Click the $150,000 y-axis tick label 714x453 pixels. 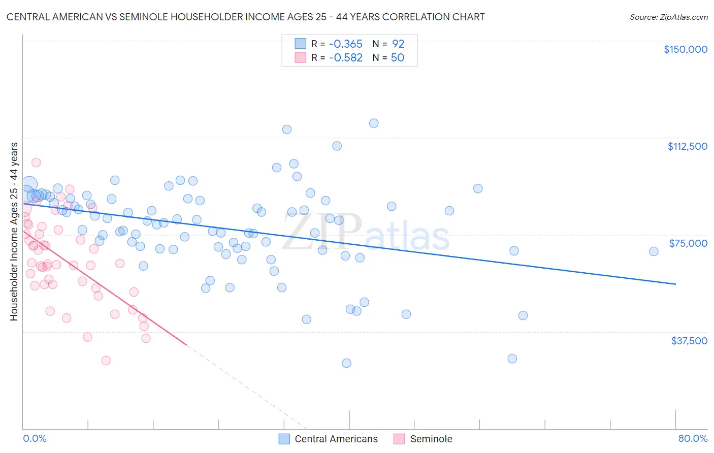pos(685,49)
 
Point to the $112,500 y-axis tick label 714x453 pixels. pos(687,146)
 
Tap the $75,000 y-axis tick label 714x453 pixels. pos(688,243)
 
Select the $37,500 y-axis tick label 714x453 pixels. pos(689,341)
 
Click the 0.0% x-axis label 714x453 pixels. pos(35,439)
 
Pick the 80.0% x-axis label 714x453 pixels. pos(693,439)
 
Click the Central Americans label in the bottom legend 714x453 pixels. pos(336,439)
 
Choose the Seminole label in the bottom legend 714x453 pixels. pos(431,439)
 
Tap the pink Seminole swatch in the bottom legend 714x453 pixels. pos(400,439)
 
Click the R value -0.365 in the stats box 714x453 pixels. pos(345,44)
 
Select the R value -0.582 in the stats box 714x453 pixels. pos(345,58)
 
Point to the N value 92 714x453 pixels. pos(398,44)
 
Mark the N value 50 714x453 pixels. pos(397,58)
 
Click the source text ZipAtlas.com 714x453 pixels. pos(683,17)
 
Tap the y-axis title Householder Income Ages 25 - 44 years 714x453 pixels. pos(14,232)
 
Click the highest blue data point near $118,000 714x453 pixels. pos(374,123)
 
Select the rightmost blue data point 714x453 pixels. pos(654,251)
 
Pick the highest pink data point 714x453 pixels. pos(36,163)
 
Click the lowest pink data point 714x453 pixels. pos(106,361)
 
